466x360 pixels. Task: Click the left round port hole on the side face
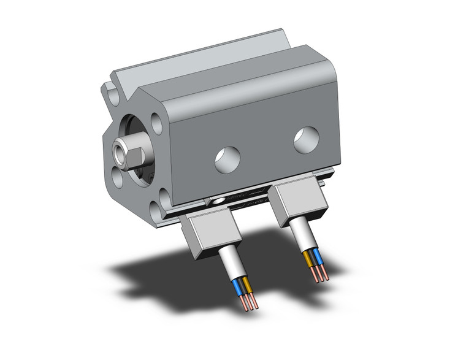[227, 159]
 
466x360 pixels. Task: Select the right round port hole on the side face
[305, 139]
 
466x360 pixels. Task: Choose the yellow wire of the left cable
[246, 285]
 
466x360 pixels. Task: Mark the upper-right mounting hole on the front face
[157, 124]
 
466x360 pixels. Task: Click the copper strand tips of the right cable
[321, 275]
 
